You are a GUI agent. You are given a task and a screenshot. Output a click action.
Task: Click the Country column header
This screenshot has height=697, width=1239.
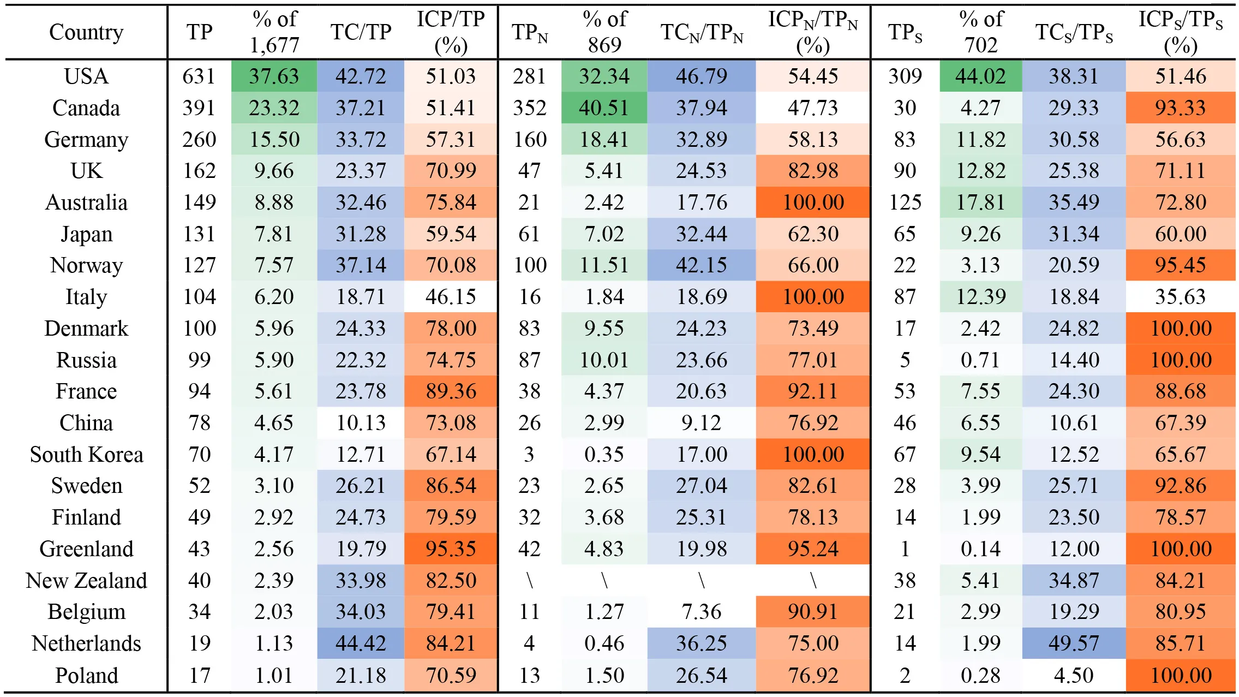86,32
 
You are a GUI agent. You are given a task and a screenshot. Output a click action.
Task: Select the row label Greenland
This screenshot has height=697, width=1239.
86,549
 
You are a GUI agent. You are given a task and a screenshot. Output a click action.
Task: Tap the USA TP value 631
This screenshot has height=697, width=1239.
199,76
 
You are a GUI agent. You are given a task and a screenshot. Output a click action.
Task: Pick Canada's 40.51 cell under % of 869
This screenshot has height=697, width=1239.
604,108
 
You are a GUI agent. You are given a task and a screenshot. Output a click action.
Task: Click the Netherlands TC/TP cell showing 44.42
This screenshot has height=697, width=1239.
361,643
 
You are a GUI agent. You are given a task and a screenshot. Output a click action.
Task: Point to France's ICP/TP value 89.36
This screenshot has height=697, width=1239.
451,391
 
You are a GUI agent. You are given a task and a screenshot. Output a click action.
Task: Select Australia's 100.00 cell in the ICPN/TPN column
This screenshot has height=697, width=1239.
813,202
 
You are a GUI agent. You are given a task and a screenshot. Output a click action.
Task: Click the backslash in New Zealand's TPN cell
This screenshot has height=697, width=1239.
529,580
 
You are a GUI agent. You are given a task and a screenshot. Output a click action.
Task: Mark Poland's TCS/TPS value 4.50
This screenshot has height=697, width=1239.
1074,675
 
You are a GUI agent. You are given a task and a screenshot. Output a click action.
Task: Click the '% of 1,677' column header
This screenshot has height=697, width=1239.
274,32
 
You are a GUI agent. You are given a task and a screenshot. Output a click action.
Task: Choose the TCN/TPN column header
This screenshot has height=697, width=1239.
702,33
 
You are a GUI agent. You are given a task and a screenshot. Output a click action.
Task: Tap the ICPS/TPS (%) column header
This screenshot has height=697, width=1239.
1180,32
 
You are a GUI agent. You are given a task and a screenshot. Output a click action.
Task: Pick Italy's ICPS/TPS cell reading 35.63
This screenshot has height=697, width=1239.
1180,297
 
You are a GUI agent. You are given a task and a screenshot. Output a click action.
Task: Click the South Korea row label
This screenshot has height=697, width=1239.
86,455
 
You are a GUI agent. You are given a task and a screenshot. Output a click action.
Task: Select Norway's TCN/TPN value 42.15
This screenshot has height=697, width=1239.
702,265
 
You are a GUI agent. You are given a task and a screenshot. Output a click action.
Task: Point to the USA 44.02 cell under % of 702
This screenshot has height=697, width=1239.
980,76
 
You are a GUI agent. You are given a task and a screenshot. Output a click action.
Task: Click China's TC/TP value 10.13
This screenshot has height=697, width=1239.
361,423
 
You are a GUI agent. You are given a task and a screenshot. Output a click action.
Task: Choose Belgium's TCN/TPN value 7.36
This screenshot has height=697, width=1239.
702,612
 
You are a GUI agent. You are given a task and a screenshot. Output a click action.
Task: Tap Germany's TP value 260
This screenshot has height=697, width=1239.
199,139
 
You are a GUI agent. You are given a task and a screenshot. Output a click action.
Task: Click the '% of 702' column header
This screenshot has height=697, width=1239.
980,32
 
